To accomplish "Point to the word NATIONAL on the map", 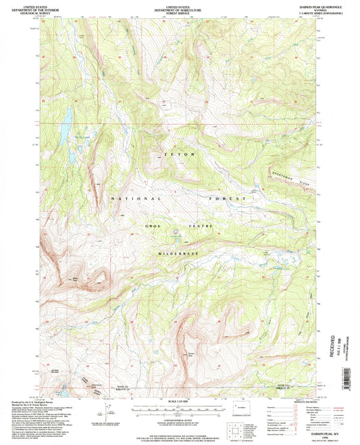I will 136,199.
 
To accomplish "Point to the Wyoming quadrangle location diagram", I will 242,410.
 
